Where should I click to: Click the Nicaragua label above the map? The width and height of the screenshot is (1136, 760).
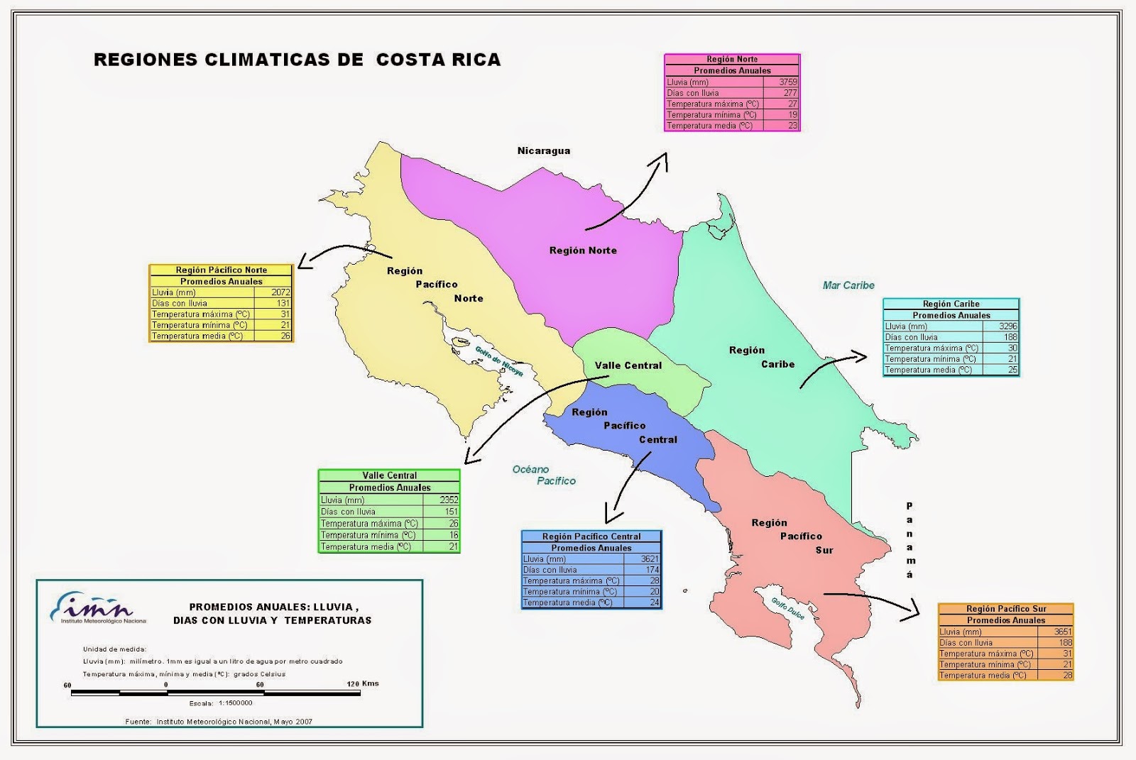(x=543, y=150)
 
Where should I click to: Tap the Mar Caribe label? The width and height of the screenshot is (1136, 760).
(x=848, y=285)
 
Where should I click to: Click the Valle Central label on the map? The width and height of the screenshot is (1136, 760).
(x=628, y=365)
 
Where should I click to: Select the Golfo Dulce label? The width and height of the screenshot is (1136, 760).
(x=788, y=608)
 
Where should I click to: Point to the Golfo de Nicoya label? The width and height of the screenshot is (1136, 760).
(x=499, y=361)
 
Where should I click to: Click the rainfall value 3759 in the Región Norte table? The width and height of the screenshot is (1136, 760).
(x=788, y=82)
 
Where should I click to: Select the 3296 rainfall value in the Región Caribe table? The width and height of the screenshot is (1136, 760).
(x=1007, y=326)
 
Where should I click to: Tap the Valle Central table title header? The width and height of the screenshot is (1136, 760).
(x=389, y=475)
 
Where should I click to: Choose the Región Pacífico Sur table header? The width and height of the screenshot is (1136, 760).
(x=1005, y=609)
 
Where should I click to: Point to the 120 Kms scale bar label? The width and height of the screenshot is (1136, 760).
(x=362, y=683)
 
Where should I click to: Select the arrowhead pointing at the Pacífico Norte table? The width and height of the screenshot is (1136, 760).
(x=304, y=263)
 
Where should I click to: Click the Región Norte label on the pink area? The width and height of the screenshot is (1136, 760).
(x=583, y=250)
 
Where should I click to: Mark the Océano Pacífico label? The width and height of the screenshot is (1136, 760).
(x=544, y=475)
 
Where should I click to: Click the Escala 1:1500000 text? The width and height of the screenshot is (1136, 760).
(x=221, y=703)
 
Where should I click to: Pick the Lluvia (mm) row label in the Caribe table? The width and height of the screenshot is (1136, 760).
(x=906, y=326)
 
